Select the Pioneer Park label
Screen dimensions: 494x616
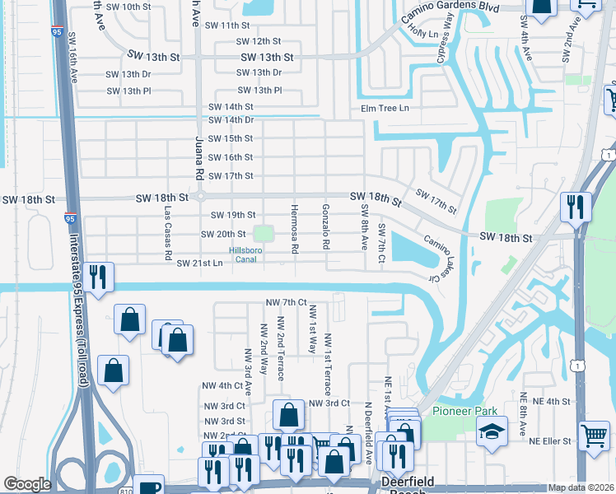459,411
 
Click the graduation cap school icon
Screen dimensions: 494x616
491,431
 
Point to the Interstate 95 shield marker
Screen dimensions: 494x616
71,220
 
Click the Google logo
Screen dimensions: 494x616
27,484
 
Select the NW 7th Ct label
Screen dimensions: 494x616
286,303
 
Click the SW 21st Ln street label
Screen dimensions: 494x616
199,263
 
